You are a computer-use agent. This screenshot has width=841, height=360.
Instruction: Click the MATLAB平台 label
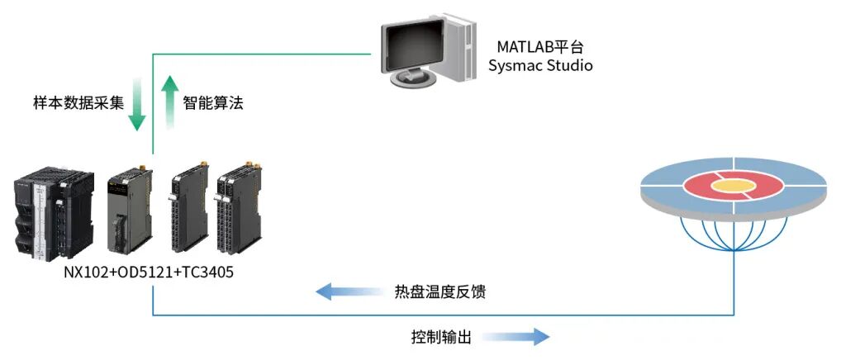click(x=539, y=47)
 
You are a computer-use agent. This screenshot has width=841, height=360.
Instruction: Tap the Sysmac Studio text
click(x=540, y=66)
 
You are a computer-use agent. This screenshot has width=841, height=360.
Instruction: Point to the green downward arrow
click(x=138, y=104)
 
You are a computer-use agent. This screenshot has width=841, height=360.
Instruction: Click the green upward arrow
click(x=170, y=102)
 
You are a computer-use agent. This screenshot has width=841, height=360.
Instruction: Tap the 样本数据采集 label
click(x=78, y=103)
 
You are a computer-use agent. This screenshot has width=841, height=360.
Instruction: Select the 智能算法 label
click(x=213, y=103)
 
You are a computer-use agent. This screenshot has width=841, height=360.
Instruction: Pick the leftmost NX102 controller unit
click(x=55, y=215)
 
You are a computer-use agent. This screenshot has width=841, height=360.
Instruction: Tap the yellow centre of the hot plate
click(x=734, y=186)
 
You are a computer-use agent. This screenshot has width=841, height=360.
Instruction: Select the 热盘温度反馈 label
click(x=441, y=292)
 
